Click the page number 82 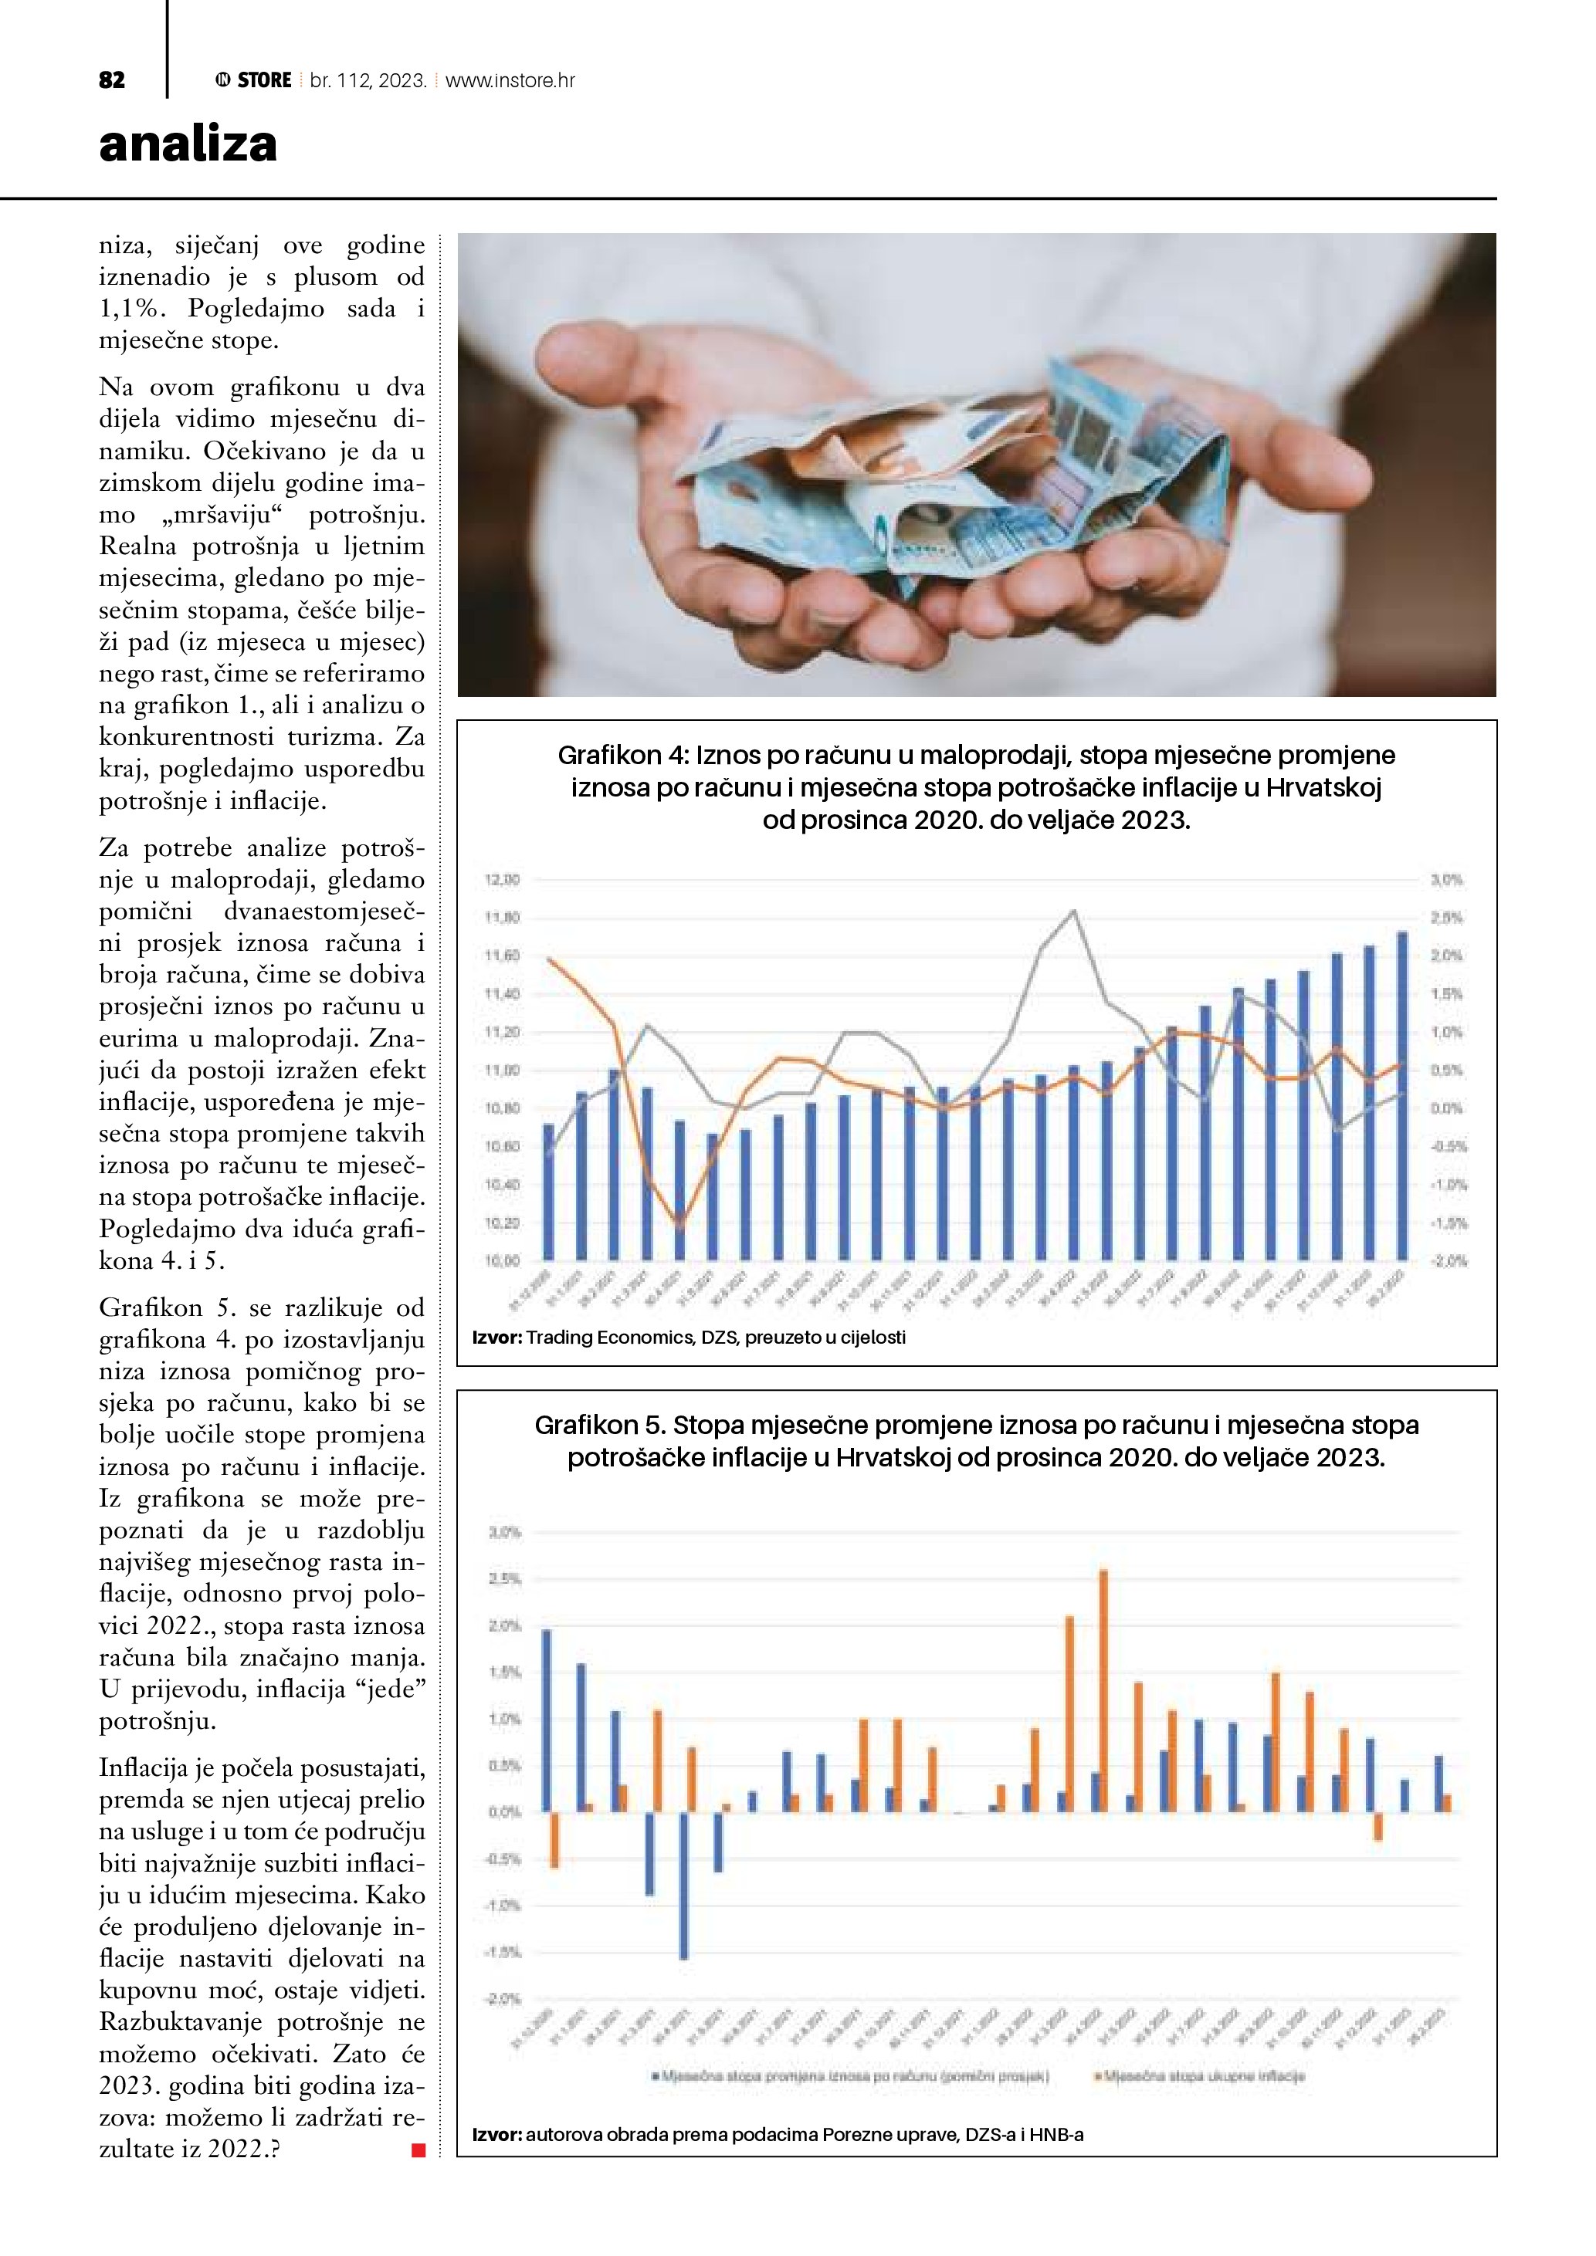pos(112,80)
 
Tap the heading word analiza pos(188,144)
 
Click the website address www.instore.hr pos(510,80)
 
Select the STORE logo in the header pos(253,80)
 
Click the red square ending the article pos(418,2150)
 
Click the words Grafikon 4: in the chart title pos(623,755)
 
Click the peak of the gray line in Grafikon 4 pos(1073,911)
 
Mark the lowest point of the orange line pos(679,1224)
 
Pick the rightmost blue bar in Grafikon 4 pos(1401,1095)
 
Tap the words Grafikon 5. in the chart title pos(599,1425)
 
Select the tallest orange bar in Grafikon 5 pos(1103,1690)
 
